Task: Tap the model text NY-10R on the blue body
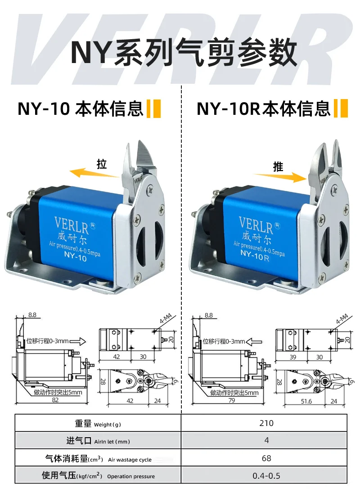(255, 255)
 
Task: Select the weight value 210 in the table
(266, 423)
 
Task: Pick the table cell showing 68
(266, 458)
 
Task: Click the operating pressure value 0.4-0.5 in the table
(266, 475)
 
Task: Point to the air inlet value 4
(266, 440)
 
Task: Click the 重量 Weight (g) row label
(98, 424)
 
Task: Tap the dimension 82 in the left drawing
(55, 400)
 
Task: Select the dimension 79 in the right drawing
(232, 400)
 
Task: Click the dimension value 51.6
(306, 401)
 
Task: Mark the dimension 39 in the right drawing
(292, 357)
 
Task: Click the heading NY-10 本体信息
(81, 109)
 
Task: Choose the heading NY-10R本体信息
(263, 109)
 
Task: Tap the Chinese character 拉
(102, 164)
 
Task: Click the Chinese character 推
(278, 167)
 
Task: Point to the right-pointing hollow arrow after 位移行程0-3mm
(77, 341)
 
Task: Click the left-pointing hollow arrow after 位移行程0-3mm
(254, 342)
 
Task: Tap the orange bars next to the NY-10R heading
(341, 109)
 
